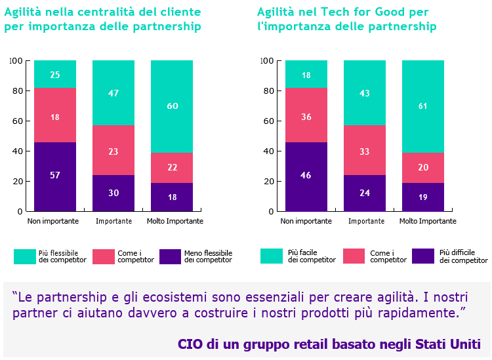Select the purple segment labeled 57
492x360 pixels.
pos(55,176)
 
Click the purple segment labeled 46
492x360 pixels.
pos(306,176)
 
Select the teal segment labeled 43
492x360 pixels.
pos(365,93)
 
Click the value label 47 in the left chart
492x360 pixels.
pos(113,93)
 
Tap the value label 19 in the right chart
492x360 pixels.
pos(423,197)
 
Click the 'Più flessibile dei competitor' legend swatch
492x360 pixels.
pos(24,256)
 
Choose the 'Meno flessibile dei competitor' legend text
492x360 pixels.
pos(208,256)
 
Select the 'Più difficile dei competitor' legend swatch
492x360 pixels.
pos(423,256)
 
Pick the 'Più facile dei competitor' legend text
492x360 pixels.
pos(312,256)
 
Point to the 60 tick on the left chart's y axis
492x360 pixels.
pos(18,121)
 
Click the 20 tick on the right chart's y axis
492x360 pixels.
pos(269,182)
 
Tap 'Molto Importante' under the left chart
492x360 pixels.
pos(174,221)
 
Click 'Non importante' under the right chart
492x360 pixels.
pos(306,221)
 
